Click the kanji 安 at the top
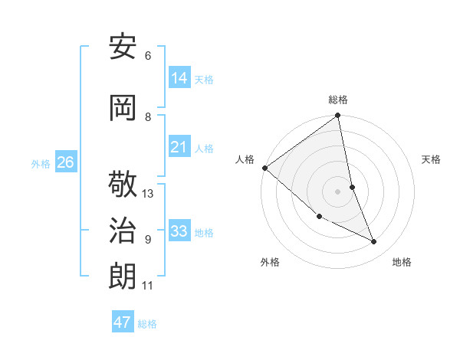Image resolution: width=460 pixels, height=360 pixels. click(123, 47)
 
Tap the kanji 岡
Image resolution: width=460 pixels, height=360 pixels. click(123, 107)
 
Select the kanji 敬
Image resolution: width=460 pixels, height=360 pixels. click(123, 186)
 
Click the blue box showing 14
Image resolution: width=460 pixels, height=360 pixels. click(179, 78)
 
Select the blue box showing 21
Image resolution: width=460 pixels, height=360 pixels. click(179, 147)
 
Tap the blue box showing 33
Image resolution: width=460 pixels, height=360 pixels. click(179, 231)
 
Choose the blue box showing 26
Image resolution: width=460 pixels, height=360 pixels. click(65, 162)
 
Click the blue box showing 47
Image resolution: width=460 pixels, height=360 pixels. click(123, 322)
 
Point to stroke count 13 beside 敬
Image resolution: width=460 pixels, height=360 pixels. click(148, 194)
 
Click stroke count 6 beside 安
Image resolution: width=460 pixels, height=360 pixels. click(147, 56)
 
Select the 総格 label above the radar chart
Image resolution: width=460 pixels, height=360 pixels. click(338, 100)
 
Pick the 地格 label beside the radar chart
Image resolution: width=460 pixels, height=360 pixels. click(402, 262)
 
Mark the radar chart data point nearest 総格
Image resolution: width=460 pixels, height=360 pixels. click(338, 116)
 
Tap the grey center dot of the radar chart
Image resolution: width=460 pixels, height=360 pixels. click(338, 191)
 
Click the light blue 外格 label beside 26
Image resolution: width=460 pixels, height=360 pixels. click(41, 163)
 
